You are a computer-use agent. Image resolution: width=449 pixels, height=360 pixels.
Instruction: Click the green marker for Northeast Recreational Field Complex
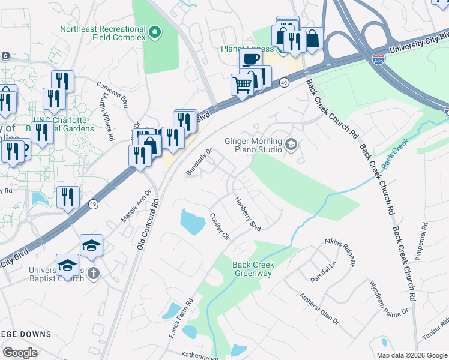155,31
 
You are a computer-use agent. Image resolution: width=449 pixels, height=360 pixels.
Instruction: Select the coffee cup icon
250,59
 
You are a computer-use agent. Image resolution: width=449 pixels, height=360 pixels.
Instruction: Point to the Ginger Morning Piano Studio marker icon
292,144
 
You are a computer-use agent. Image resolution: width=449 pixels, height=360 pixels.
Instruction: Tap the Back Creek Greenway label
253,269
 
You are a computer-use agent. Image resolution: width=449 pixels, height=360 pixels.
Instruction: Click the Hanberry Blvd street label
247,214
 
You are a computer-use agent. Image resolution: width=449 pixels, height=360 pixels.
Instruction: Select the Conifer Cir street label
219,227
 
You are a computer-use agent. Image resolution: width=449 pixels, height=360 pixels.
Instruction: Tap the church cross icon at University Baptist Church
92,274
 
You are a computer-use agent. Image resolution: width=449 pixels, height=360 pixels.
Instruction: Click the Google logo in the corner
20,353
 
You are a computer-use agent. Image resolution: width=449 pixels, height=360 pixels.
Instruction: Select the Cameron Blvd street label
112,92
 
